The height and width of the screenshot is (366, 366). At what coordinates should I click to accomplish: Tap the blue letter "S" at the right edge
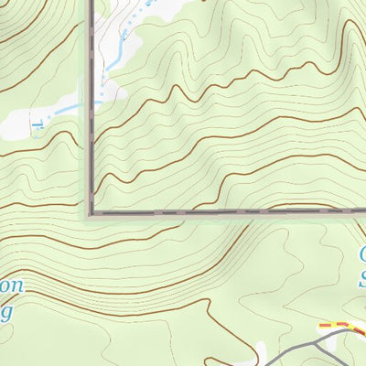(362, 276)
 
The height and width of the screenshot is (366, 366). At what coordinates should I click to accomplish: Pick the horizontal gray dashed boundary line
(229, 211)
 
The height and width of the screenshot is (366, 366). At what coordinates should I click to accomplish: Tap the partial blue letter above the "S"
(362, 252)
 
